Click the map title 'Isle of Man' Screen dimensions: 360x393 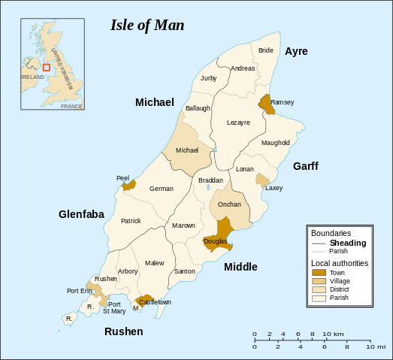point(147,25)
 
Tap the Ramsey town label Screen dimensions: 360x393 point(283,102)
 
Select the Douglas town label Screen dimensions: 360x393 point(216,241)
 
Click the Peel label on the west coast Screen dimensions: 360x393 point(122,178)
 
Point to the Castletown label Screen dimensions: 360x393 point(156,302)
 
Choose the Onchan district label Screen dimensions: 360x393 point(228,204)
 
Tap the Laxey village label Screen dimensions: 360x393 point(274,188)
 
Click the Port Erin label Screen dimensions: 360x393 point(80,291)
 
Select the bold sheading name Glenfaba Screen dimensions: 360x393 point(81,214)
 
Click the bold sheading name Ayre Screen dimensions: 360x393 point(296,51)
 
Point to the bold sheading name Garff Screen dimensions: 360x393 point(306,165)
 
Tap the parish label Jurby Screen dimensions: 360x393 point(208,78)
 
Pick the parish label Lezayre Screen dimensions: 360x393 point(238,123)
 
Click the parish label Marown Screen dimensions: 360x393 point(183,225)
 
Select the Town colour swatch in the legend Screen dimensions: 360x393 point(319,272)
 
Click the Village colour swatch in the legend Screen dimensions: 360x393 point(319,280)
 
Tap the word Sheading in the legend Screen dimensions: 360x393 point(348,243)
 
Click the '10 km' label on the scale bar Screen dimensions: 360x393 point(334,334)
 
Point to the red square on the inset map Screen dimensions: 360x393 point(46,67)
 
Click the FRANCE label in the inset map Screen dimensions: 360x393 point(71,106)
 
